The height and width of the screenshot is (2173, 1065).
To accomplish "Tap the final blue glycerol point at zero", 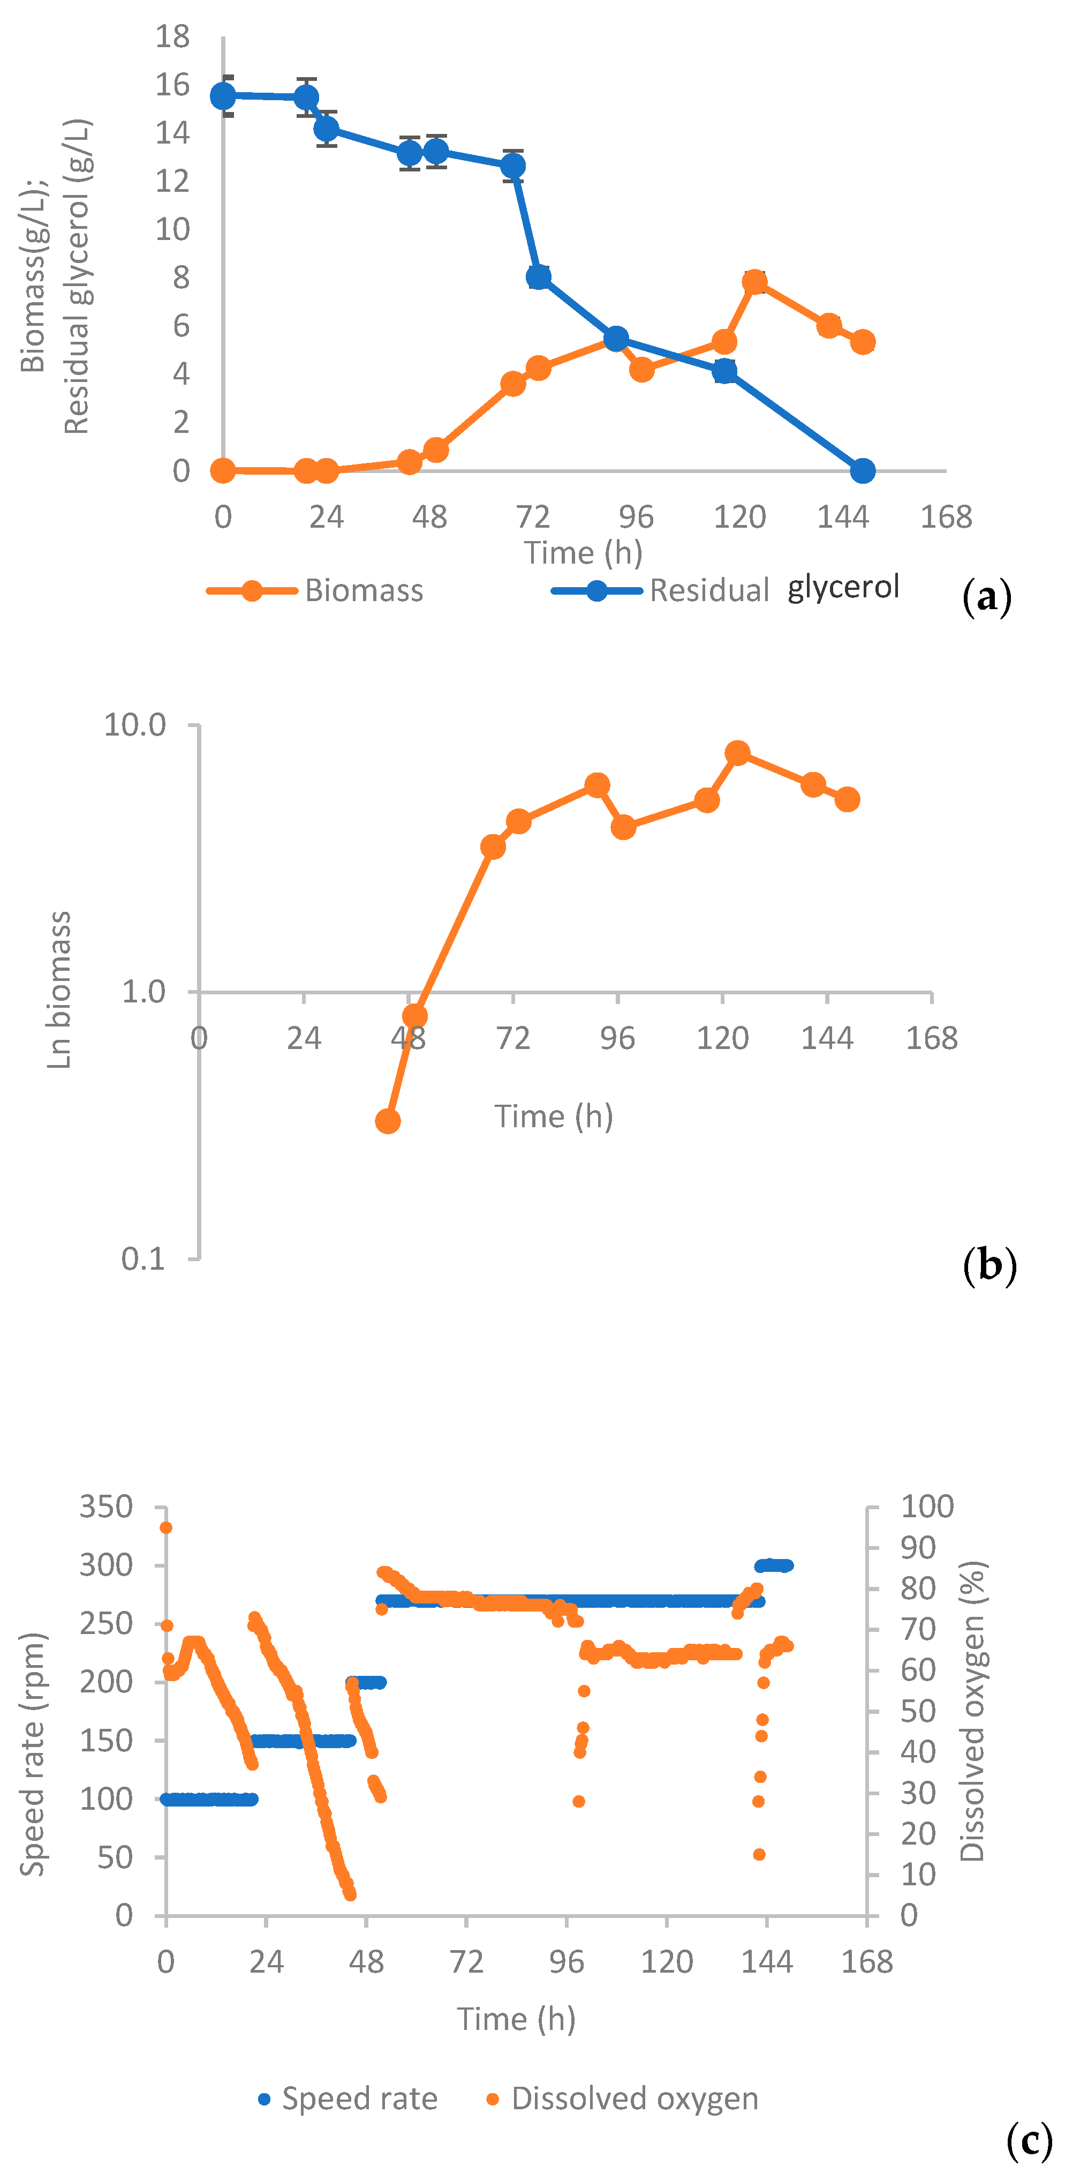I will pos(862,471).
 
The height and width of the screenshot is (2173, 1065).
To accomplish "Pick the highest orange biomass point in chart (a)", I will pos(754,282).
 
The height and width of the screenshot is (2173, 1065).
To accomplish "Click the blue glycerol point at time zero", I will pos(223,96).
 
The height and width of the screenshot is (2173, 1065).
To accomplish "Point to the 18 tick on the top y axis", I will pos(173,36).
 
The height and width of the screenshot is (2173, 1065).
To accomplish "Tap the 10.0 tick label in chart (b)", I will pos(135,725).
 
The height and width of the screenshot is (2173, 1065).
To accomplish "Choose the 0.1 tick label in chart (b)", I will pos(144,1258).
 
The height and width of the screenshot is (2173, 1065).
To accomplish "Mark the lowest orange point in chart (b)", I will pos(387,1121).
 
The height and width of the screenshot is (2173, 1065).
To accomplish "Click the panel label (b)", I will pos(989,1265).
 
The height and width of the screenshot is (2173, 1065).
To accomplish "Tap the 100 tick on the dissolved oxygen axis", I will pos(927,1507).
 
